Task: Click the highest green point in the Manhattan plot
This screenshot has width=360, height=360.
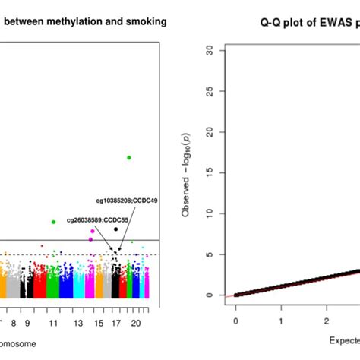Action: pyautogui.click(x=129, y=157)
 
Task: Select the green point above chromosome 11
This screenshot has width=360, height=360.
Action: pyautogui.click(x=53, y=222)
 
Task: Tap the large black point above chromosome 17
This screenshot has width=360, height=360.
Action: pyautogui.click(x=115, y=229)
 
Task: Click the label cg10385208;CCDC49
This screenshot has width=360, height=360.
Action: pyautogui.click(x=127, y=201)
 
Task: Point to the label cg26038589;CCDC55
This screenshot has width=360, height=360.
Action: pyautogui.click(x=97, y=219)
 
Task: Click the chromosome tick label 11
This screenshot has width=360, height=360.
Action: pyautogui.click(x=53, y=323)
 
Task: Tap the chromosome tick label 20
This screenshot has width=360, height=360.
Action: pyautogui.click(x=136, y=323)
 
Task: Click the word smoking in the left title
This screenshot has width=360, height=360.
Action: pyautogui.click(x=147, y=21)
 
